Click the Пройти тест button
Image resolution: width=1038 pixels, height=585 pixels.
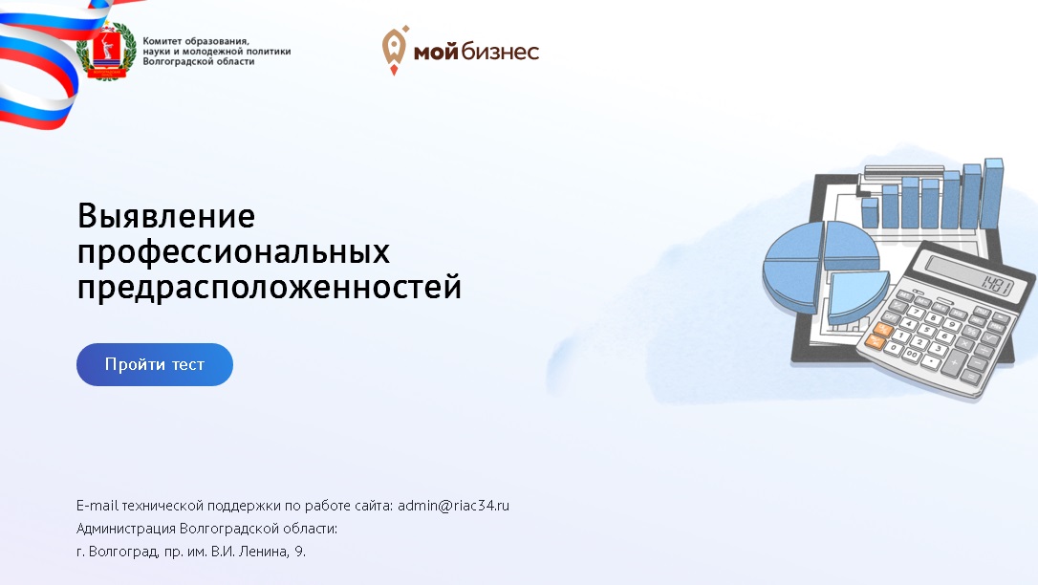154,364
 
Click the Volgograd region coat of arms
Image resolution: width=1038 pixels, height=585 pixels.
106,52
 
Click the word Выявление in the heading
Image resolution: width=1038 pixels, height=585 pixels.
166,216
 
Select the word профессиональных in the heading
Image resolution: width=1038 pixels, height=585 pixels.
233,252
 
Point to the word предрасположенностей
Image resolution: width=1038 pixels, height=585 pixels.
269,287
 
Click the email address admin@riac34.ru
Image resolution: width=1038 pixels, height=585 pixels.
453,506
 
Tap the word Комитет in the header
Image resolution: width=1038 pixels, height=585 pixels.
162,41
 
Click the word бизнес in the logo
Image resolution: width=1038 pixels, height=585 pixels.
501,51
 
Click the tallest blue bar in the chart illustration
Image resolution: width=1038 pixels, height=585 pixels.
992,193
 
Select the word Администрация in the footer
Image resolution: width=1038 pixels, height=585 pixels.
126,529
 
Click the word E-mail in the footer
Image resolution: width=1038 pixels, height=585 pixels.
97,506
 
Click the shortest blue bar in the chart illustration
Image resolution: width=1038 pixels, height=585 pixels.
869,212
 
